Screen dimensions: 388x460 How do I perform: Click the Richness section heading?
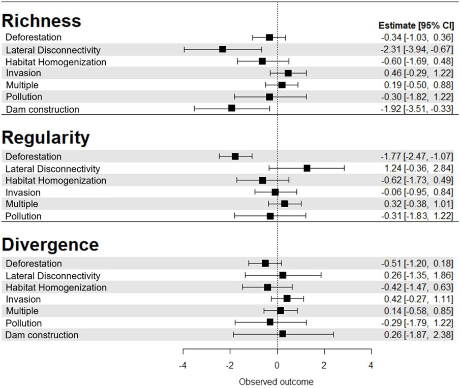click(42, 20)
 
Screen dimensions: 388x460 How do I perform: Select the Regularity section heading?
click(46, 138)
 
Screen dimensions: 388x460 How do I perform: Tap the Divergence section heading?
click(50, 244)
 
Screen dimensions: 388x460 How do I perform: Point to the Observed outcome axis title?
click(276, 381)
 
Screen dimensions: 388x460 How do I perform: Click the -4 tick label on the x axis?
click(183, 365)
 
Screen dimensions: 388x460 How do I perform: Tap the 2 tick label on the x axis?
click(324, 365)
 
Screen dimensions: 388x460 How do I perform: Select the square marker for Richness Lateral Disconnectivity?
click(223, 49)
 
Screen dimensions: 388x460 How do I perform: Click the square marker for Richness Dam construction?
click(232, 108)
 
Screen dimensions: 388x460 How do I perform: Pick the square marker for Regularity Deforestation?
click(235, 156)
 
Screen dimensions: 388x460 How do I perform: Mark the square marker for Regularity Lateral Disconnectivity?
click(306, 168)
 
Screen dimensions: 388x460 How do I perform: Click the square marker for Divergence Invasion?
click(287, 299)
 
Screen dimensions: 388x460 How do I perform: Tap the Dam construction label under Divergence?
click(42, 335)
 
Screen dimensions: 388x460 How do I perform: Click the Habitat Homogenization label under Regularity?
click(56, 180)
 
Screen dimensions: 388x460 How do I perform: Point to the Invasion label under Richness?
click(23, 73)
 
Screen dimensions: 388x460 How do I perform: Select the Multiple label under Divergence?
click(22, 311)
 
